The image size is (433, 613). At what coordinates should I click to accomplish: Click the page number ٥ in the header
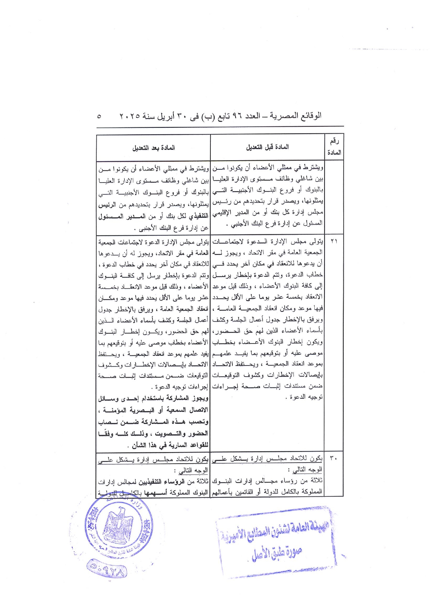(x=99, y=116)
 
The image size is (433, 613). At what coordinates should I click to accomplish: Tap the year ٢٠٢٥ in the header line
(x=130, y=116)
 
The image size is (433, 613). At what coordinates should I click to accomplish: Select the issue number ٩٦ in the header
(x=237, y=116)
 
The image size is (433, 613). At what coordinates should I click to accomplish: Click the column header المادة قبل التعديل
(x=267, y=147)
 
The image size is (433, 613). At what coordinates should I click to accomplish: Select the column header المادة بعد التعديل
(x=153, y=148)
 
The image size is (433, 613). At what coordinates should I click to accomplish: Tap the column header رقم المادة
(x=334, y=147)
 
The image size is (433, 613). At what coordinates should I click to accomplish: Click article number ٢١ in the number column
(x=334, y=241)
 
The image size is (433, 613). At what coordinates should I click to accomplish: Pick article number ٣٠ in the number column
(x=334, y=458)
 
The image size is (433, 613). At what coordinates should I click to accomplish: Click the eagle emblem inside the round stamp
(x=119, y=525)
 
